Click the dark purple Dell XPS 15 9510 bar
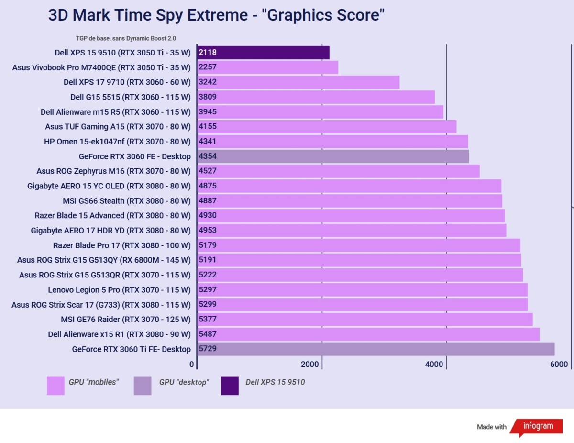coord(263,53)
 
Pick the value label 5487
coord(208,334)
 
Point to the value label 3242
coord(208,82)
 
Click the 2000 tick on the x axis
coord(310,365)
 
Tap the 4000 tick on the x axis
coord(434,365)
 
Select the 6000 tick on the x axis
coord(559,365)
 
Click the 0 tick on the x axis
coord(192,365)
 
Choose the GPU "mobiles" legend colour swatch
coord(55,386)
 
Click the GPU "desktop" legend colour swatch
coord(143,386)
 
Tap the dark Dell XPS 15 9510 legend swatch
coord(230,386)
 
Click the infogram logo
coord(538,426)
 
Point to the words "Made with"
coord(491,427)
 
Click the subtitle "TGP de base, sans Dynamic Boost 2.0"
coord(130,38)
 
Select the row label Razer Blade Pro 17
coord(121,245)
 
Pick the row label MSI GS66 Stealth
coord(127,201)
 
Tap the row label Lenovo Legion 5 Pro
coord(119,290)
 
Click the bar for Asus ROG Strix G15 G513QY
coord(359,260)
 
